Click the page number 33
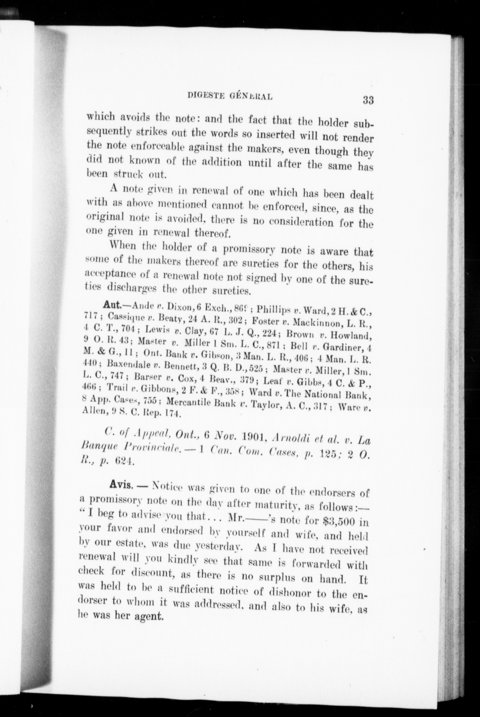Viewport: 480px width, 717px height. (x=368, y=100)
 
